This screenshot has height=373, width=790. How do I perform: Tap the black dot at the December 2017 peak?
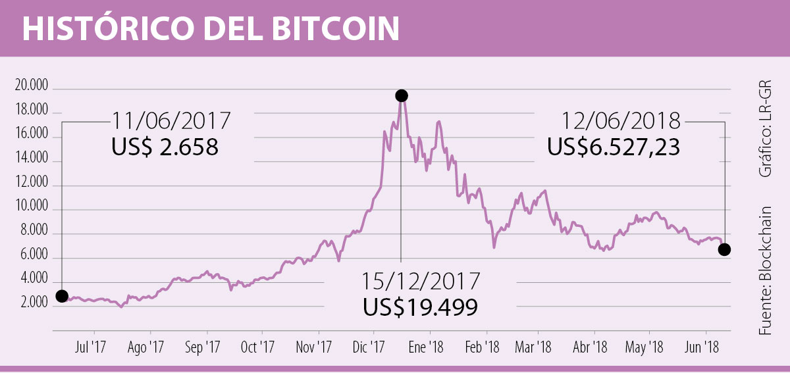click(x=401, y=96)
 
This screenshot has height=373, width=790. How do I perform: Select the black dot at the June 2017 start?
click(x=62, y=296)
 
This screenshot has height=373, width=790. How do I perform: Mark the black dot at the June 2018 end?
click(x=724, y=249)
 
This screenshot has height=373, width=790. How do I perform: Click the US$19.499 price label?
click(x=421, y=307)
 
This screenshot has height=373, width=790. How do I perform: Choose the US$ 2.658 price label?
click(x=165, y=147)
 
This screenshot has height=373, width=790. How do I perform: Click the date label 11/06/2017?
click(x=171, y=122)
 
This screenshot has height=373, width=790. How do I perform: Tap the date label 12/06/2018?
click(x=622, y=122)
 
